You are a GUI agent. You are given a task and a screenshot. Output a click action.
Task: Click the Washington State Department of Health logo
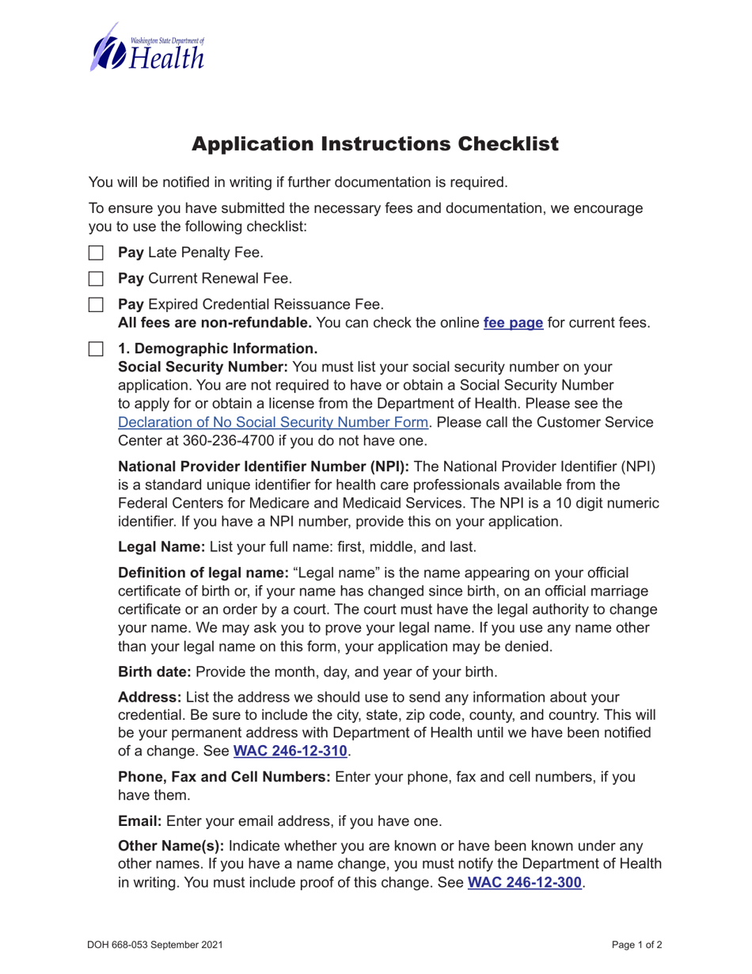147,48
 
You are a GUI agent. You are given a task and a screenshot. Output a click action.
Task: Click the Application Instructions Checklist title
376,144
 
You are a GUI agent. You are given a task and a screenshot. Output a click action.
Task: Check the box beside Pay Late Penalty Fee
96,253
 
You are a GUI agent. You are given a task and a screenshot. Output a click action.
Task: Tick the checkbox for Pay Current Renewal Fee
96,279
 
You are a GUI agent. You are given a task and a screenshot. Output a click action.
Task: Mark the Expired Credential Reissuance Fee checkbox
96,304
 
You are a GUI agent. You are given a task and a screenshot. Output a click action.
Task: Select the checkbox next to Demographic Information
96,348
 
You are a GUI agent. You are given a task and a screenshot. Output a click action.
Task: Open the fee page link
513,323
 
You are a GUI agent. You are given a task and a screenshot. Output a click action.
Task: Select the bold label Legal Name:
161,546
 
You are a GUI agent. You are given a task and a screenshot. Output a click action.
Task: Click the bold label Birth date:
154,672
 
